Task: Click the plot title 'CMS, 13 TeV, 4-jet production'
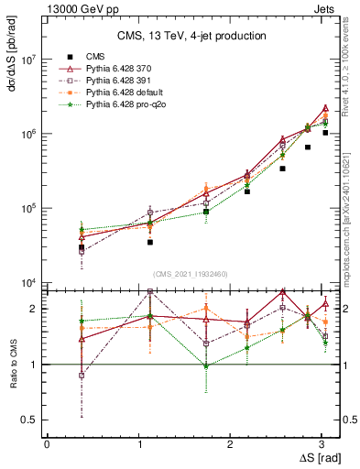point(193,36)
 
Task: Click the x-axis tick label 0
point(47,444)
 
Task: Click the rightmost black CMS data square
point(325,133)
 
